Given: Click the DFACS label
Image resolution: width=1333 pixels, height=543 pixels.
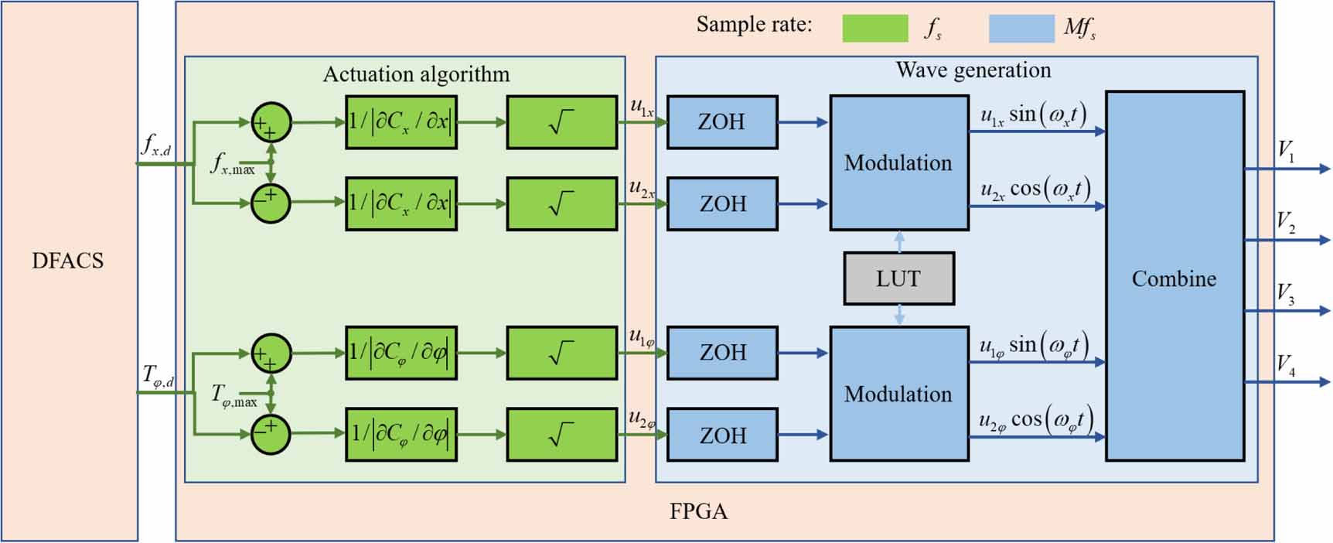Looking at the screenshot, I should (x=68, y=261).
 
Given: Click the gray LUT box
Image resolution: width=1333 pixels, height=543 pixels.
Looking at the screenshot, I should (x=898, y=278).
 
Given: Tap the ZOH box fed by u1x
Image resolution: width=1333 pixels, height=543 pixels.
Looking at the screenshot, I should (x=721, y=122).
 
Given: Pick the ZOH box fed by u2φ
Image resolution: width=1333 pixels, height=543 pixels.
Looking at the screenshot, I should (x=722, y=435).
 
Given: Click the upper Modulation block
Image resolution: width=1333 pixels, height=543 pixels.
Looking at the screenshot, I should (x=898, y=162).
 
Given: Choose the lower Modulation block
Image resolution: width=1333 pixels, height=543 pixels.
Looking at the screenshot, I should (x=898, y=394).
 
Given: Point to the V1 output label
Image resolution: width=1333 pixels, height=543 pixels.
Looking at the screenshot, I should (x=1286, y=151).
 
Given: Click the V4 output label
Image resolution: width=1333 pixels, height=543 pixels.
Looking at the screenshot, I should (x=1286, y=364).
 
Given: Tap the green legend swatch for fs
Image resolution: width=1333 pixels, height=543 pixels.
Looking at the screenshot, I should (x=874, y=29).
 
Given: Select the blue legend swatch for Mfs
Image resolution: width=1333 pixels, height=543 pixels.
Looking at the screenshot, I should (x=1021, y=29).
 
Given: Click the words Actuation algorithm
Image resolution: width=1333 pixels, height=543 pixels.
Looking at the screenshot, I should (x=416, y=74).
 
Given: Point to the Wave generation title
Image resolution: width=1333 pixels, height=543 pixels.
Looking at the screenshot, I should (x=973, y=70).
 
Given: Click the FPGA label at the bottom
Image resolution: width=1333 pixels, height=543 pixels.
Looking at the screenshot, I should (x=698, y=511).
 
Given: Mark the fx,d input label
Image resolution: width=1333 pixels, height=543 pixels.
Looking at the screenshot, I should (x=155, y=145).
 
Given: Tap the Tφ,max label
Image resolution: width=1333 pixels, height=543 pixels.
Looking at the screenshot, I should (x=234, y=396).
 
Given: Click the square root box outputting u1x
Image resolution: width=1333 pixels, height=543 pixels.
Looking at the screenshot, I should (x=561, y=122).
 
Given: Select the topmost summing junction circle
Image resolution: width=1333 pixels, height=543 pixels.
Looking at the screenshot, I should (x=271, y=122).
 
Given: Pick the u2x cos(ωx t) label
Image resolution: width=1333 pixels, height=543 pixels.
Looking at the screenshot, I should (x=1035, y=190).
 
